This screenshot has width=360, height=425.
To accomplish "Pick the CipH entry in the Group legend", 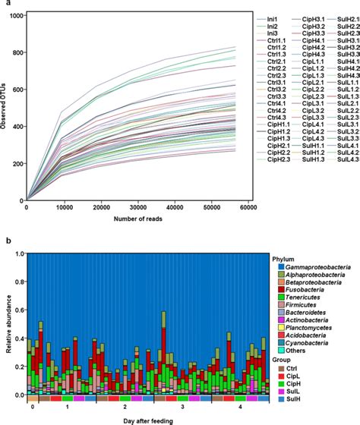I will pos(289,398).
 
